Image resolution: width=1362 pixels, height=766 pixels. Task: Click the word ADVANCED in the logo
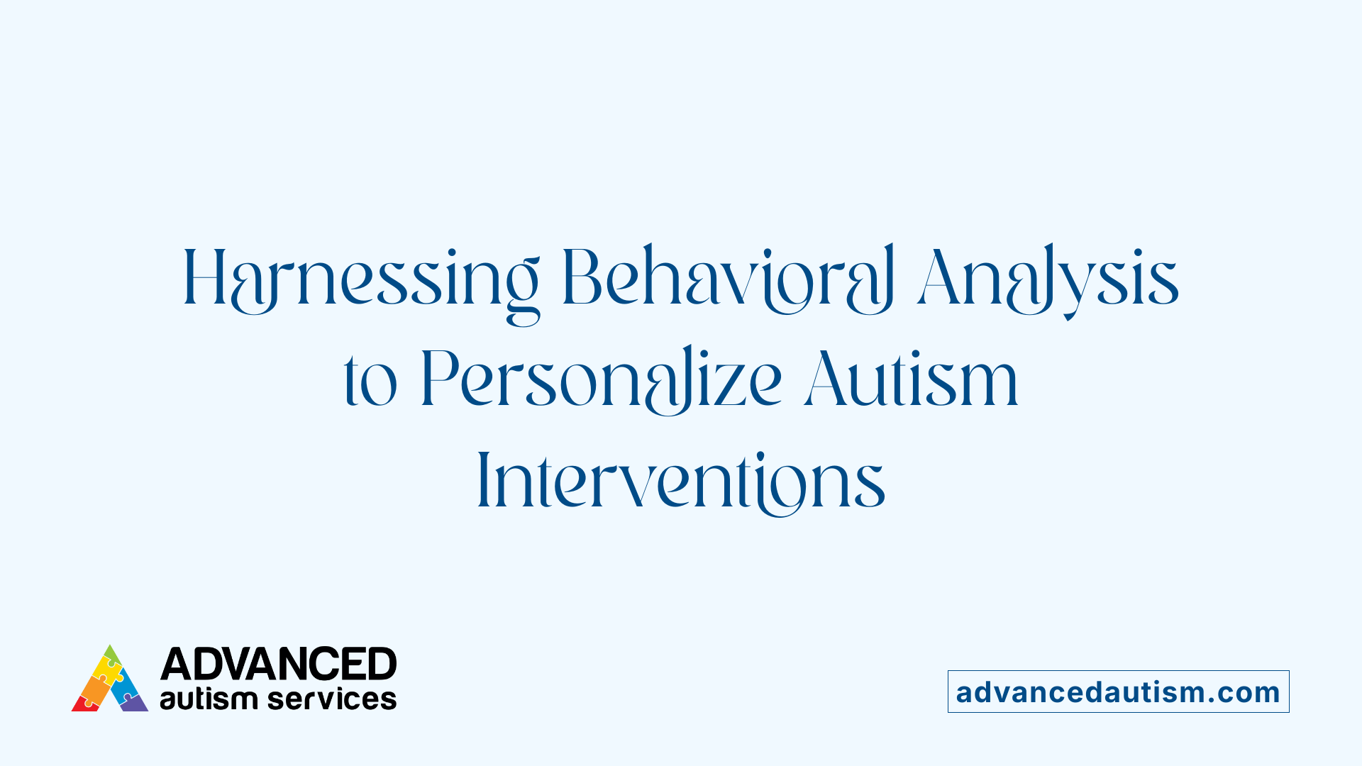[278, 665]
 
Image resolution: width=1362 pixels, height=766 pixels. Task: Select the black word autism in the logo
[207, 699]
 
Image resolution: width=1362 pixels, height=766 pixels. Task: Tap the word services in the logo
[332, 699]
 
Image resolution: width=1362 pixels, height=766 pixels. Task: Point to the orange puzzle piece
[94, 687]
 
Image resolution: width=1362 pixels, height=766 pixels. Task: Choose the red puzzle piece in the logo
[84, 704]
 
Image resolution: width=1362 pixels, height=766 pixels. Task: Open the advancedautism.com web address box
[1118, 692]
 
